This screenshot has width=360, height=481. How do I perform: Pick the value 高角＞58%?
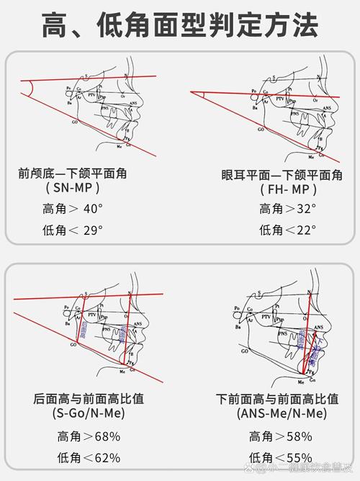(280, 436)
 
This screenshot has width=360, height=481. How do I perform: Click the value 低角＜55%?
(280, 457)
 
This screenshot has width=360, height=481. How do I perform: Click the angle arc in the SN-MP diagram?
(29, 88)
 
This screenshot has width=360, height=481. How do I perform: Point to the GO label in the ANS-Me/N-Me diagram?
(246, 352)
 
